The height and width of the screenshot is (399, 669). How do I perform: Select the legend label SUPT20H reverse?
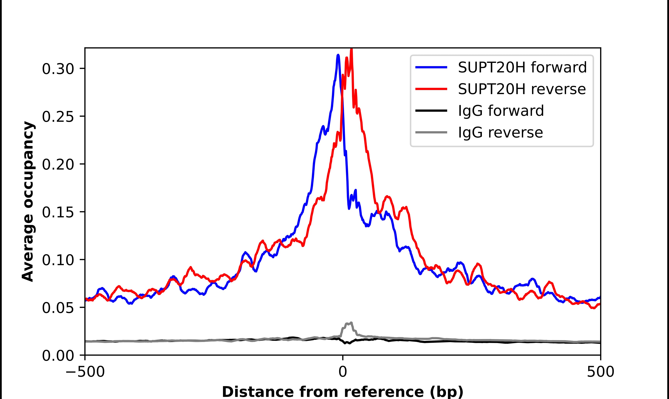tap(522, 89)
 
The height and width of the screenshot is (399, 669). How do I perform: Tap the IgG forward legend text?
tap(501, 111)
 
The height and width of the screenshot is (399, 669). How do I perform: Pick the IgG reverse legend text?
tap(500, 133)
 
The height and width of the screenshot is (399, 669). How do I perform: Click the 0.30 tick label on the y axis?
tap(58, 69)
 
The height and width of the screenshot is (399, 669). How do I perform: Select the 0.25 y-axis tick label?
tap(58, 117)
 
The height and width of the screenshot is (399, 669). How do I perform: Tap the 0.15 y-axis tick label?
tap(58, 212)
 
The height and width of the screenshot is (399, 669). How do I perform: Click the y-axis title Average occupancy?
tap(28, 202)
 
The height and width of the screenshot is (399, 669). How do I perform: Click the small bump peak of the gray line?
tap(351, 323)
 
